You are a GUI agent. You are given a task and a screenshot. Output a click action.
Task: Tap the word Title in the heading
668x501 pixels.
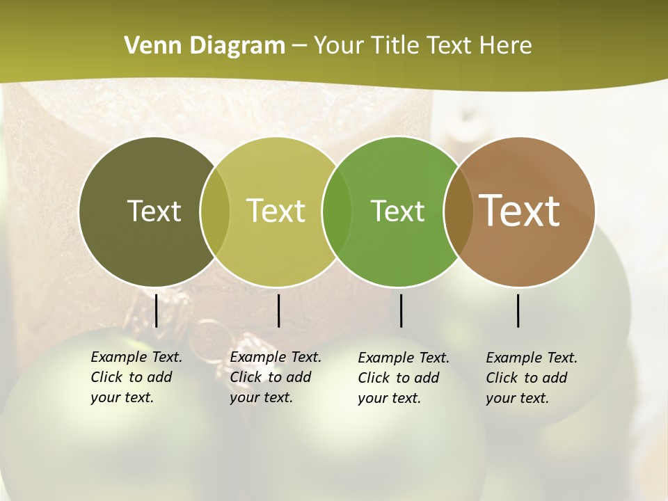tap(395, 46)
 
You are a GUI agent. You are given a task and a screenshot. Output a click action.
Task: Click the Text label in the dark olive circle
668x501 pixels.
tap(154, 211)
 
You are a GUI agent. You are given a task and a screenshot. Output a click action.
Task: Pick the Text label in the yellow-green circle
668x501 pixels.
tap(276, 211)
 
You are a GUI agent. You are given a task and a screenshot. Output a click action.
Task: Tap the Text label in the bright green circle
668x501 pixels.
tap(397, 211)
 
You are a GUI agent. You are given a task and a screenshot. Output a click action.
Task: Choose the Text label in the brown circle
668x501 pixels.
tap(520, 210)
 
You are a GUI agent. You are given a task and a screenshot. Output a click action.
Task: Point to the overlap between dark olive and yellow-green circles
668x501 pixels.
tap(215, 212)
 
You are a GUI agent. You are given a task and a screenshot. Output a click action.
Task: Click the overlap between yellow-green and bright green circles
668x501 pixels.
tap(337, 212)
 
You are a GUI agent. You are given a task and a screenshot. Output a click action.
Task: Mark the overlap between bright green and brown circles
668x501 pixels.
tap(458, 212)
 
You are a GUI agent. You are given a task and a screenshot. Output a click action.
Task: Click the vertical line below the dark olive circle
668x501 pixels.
tap(157, 310)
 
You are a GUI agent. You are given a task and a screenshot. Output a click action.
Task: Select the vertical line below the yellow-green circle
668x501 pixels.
tap(278, 310)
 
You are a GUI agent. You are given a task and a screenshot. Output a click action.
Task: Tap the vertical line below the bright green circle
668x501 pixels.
tap(401, 310)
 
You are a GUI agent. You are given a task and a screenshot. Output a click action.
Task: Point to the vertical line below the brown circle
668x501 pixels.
tap(518, 310)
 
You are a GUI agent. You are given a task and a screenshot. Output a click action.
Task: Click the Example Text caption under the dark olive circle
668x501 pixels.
tap(136, 377)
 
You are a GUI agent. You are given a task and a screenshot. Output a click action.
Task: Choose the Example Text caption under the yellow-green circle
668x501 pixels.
tap(276, 377)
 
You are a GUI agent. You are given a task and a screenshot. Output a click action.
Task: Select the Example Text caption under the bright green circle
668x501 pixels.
tap(404, 378)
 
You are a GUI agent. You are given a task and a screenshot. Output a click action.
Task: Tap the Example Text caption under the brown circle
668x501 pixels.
tap(532, 378)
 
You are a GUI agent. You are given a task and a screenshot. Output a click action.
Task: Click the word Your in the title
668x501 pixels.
tap(338, 46)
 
